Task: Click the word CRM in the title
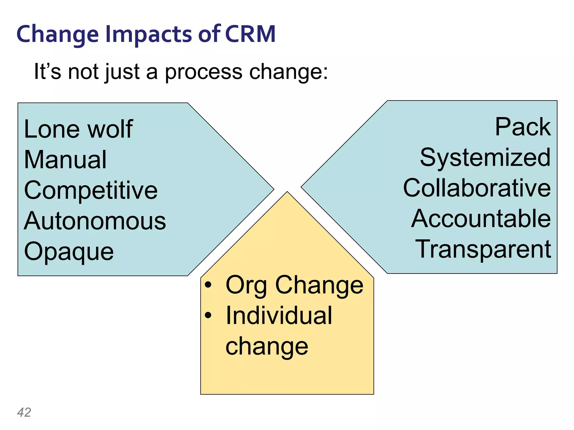pyautogui.click(x=250, y=34)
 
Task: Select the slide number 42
pyautogui.click(x=24, y=412)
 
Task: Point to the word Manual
pyautogui.click(x=65, y=160)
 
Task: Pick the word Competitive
pyautogui.click(x=91, y=190)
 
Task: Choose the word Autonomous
pyautogui.click(x=95, y=221)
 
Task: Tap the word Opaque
pyautogui.click(x=69, y=252)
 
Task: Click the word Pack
pyautogui.click(x=523, y=127)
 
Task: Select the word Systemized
pyautogui.click(x=485, y=158)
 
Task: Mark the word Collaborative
pyautogui.click(x=477, y=188)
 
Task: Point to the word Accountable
pyautogui.click(x=481, y=219)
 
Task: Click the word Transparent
pyautogui.click(x=483, y=249)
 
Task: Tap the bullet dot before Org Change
pyautogui.click(x=208, y=285)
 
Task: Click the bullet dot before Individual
pyautogui.click(x=208, y=316)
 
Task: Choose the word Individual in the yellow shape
pyautogui.click(x=279, y=316)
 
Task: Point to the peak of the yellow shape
pyautogui.click(x=287, y=193)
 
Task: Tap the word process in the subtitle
pyautogui.click(x=203, y=72)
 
